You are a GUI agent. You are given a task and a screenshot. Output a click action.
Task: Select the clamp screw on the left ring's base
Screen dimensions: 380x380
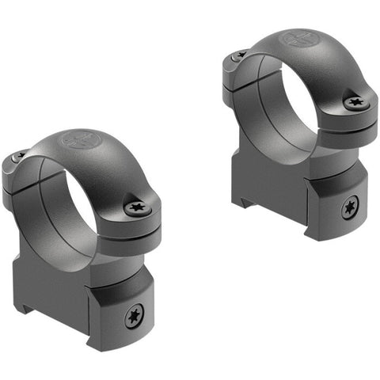[133, 317]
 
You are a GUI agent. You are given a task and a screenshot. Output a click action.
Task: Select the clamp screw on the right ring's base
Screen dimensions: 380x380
[348, 208]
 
